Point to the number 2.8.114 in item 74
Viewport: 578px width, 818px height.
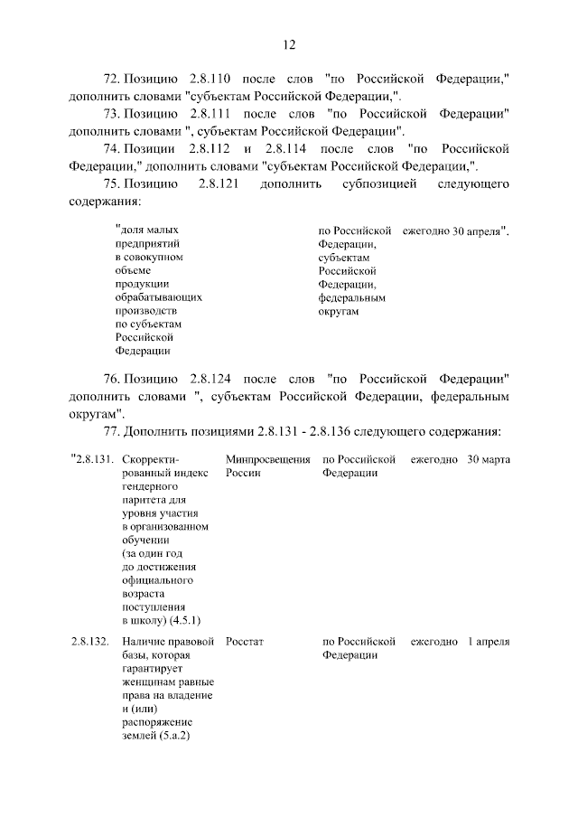point(286,149)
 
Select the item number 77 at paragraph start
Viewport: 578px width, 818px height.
point(112,430)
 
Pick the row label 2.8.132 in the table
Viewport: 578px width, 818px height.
point(90,642)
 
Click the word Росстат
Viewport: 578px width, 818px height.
point(245,642)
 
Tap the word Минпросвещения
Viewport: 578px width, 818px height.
point(267,460)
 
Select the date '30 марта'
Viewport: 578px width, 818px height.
point(489,460)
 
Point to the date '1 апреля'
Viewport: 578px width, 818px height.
point(489,642)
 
